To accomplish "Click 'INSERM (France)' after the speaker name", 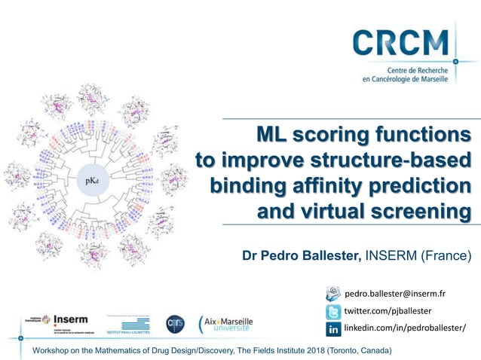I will (418, 256).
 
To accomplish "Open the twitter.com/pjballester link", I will (388, 310).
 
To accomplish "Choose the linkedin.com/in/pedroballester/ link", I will (405, 328).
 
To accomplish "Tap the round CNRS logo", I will (175, 322).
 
